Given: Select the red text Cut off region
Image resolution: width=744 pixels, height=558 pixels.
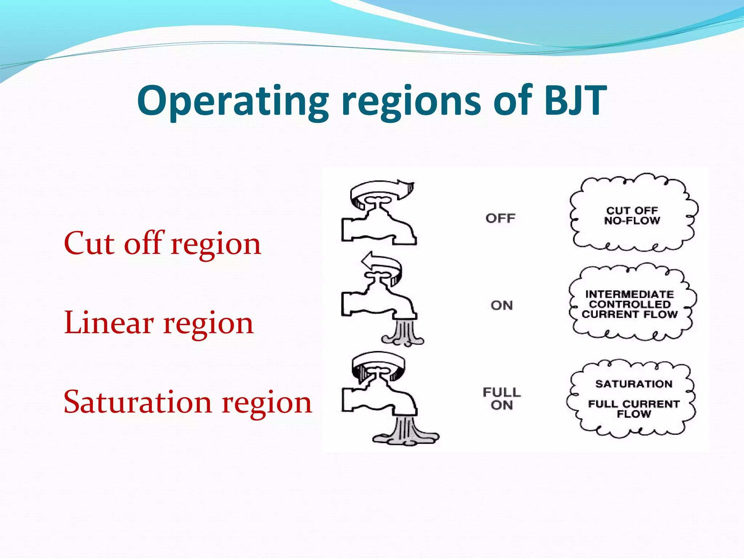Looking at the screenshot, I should click(162, 243).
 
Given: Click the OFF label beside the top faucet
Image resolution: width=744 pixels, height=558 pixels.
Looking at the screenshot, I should click(500, 218).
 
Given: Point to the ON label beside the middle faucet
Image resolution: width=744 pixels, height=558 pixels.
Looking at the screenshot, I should click(502, 306).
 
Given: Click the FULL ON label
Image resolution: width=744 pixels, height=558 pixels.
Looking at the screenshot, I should click(502, 399).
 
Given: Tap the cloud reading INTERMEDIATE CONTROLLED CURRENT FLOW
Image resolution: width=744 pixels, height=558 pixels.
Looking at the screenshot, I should click(630, 304).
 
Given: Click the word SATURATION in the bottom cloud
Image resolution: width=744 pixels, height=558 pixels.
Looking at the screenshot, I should click(634, 384).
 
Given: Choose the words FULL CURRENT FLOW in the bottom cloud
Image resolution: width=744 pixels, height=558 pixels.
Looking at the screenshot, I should click(634, 409).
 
